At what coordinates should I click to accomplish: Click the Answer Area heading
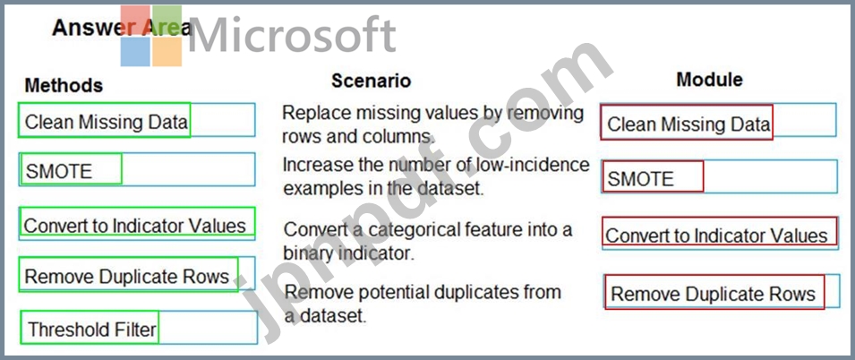coord(122,28)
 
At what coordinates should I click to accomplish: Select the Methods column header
coord(64,85)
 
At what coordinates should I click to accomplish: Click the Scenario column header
coord(371,81)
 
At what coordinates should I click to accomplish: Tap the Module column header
coord(709,80)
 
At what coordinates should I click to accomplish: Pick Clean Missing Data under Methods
coord(106,122)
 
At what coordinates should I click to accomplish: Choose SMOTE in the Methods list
coord(59,171)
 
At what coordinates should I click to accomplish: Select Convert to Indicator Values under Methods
coord(134,225)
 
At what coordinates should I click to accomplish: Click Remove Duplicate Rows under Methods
coord(126,276)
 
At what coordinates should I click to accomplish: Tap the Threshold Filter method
coord(92,329)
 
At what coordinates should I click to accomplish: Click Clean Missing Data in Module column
coord(688,124)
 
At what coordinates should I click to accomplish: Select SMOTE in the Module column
coord(641,178)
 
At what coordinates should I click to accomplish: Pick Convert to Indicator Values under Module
coord(716,236)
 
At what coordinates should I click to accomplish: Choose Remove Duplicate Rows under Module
coord(713,294)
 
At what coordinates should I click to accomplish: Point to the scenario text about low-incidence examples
coord(436,176)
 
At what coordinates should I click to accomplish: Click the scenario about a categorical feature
coord(428,241)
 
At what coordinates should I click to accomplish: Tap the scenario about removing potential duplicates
coord(423,304)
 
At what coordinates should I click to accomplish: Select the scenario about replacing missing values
coord(432,124)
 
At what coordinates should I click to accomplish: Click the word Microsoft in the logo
coord(291,35)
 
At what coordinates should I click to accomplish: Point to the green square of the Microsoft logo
coord(167,20)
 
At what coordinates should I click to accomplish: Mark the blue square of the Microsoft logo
coord(135,52)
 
